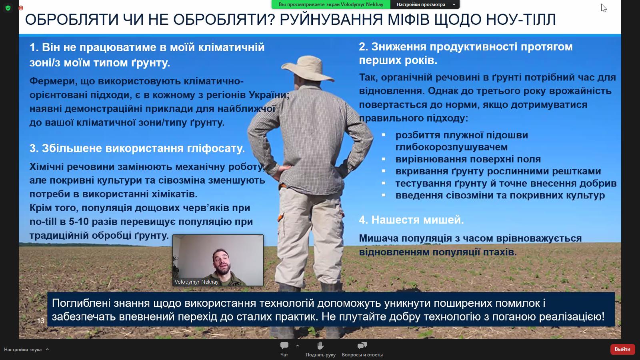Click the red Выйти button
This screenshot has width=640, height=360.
pos(622,349)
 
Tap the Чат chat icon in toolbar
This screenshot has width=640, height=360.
pos(284,346)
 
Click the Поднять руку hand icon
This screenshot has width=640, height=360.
pos(320,346)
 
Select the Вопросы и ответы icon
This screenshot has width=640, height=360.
pos(362,346)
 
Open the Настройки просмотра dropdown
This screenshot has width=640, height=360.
pos(425,4)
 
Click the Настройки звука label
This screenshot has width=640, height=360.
pos(23,350)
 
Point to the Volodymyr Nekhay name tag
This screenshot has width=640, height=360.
pos(196,282)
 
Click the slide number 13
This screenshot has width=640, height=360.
pos(40,321)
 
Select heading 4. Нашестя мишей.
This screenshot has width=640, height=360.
pos(411,220)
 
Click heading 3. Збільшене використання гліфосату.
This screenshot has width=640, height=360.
pos(137,148)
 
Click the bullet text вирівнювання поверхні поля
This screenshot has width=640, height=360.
pos(468,159)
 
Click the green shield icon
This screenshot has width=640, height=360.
pos(8,8)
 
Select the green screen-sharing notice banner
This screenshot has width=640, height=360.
pos(331,4)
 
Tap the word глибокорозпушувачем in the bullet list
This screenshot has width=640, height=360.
pos(451,147)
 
